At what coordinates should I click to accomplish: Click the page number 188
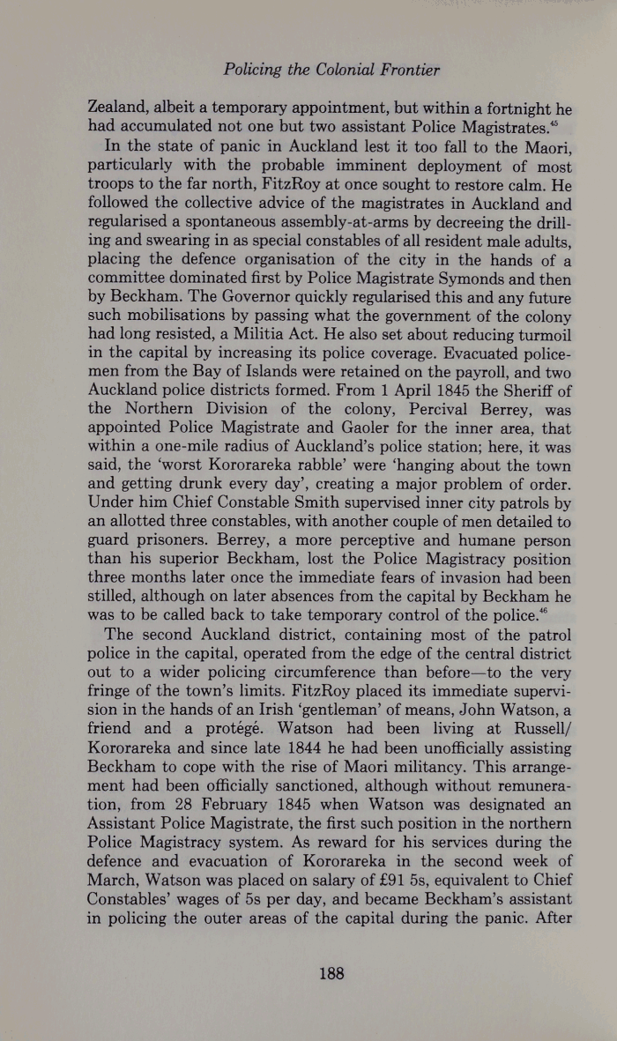331,973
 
